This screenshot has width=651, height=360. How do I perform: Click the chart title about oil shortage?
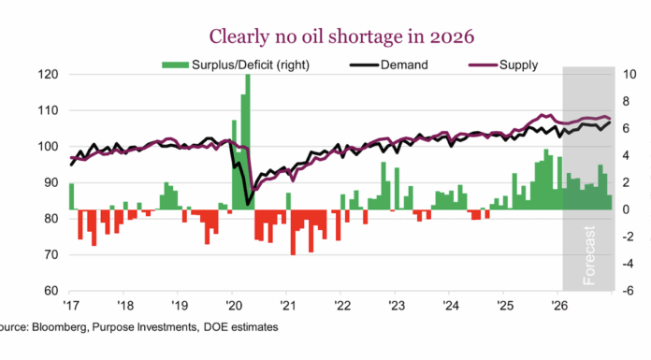tap(324, 36)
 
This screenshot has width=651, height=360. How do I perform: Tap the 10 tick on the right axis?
tap(632, 75)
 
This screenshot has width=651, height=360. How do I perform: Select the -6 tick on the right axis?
tap(631, 291)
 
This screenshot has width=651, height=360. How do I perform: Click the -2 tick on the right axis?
tap(631, 237)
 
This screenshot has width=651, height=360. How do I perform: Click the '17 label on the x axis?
tap(71, 306)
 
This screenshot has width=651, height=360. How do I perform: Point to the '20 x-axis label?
tap(233, 306)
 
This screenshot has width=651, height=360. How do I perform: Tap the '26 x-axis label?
tap(558, 306)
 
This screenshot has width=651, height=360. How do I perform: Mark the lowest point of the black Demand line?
tap(249, 203)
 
